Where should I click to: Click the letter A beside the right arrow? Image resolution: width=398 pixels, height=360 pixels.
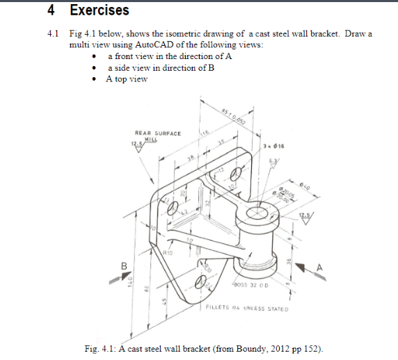[x=319, y=268]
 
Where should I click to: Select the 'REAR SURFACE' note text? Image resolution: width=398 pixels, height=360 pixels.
[x=157, y=133]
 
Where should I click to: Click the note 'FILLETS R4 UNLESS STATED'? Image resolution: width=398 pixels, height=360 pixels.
[x=247, y=306]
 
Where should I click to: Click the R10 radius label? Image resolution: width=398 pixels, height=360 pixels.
[x=168, y=254]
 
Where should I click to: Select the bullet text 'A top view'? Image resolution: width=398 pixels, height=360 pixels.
[x=127, y=79]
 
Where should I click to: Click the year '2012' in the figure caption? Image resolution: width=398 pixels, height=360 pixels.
[x=278, y=347]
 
